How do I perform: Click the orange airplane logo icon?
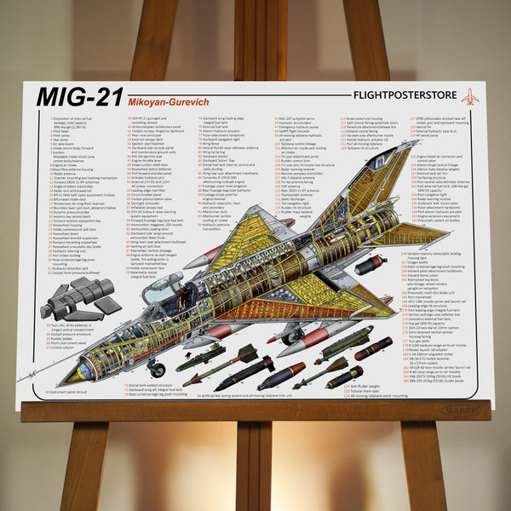click(469, 96)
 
